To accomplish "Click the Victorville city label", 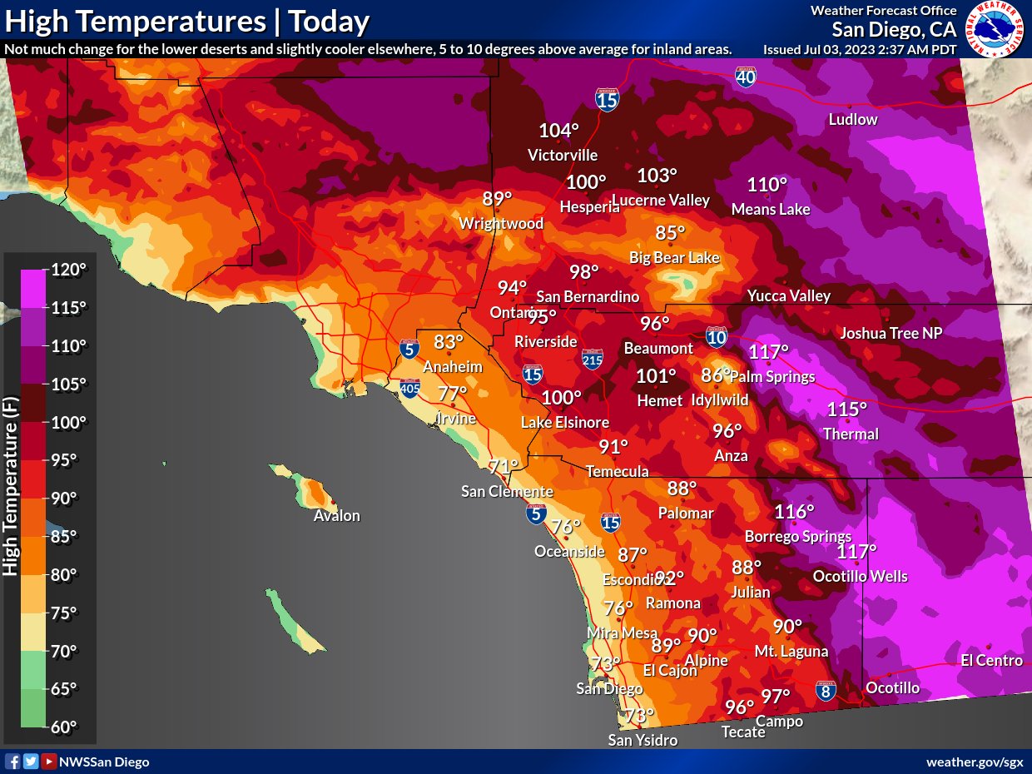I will click(x=563, y=156).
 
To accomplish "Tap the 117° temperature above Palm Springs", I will click(x=768, y=352).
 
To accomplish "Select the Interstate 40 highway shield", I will click(x=746, y=78).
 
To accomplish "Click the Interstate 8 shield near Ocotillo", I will click(x=826, y=690).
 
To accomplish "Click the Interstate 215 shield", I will click(x=593, y=359).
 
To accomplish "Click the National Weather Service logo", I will click(x=995, y=29).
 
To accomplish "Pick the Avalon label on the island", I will click(x=336, y=516).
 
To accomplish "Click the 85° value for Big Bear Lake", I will click(x=670, y=233).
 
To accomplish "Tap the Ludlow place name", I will click(x=853, y=120).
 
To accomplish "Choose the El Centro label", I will click(x=990, y=661).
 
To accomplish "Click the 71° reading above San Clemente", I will click(x=504, y=467).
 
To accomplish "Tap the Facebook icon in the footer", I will click(x=12, y=762).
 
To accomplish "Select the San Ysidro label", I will click(x=643, y=741).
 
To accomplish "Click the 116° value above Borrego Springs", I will click(x=794, y=512).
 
